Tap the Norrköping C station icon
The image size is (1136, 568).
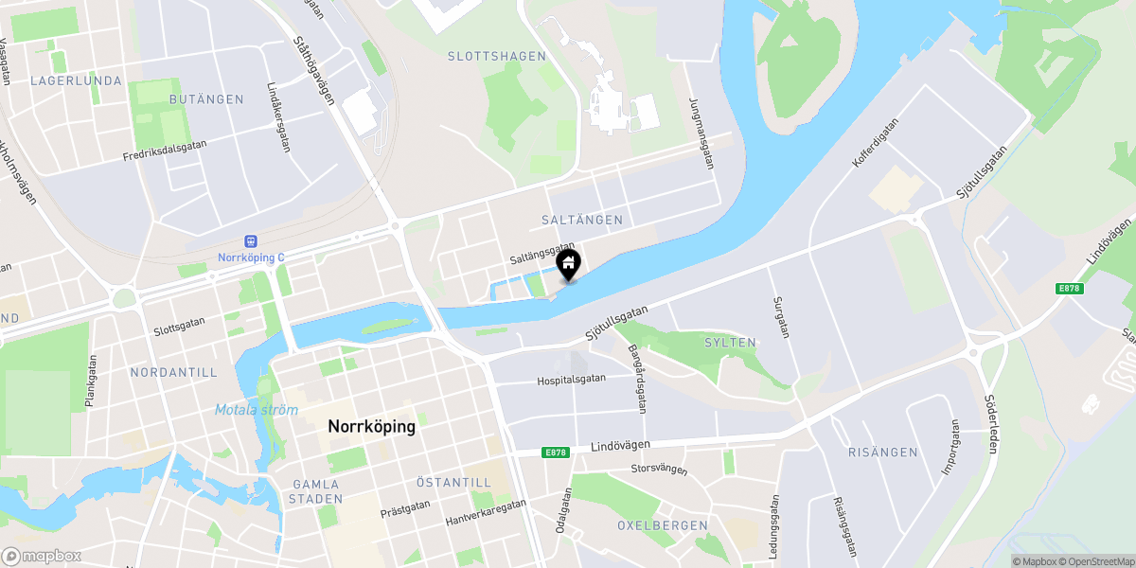[251, 242]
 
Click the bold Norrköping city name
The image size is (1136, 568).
[371, 427]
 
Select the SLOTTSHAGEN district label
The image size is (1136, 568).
[497, 57]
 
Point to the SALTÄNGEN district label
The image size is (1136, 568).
[582, 220]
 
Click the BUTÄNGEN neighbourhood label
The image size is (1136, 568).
[205, 99]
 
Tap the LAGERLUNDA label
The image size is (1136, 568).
[76, 81]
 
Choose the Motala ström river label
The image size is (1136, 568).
[256, 411]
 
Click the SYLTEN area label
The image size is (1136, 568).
[730, 343]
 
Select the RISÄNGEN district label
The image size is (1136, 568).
[882, 453]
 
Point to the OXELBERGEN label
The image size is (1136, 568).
[662, 525]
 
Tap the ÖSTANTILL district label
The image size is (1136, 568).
[453, 483]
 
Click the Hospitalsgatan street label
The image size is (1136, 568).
[571, 379]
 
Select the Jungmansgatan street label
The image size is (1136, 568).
[701, 133]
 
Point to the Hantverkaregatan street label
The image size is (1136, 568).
[486, 513]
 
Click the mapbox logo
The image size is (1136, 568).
[42, 557]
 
